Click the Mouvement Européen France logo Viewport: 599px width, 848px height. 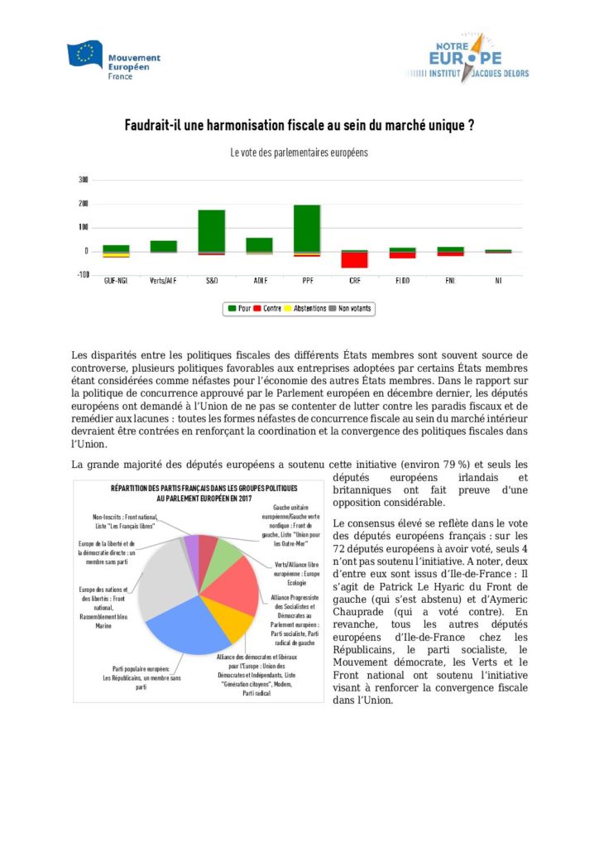click(114, 58)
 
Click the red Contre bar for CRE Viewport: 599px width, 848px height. click(355, 260)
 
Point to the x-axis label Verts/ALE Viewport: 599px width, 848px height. click(163, 282)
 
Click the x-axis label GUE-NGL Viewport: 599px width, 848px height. click(115, 282)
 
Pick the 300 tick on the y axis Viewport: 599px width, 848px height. click(83, 180)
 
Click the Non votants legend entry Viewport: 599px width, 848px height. click(352, 309)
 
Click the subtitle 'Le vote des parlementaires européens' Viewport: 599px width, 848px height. click(299, 153)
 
